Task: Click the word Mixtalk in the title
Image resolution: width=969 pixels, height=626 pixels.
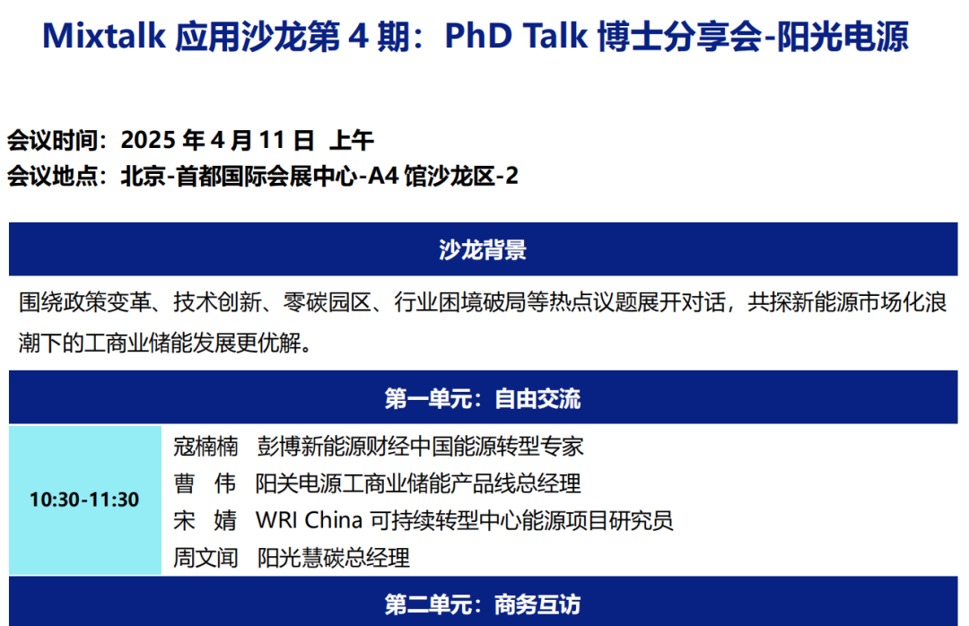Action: point(104,36)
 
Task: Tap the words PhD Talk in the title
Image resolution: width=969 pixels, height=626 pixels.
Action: point(515,36)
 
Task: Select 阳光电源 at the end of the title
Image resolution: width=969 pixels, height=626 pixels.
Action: point(842,37)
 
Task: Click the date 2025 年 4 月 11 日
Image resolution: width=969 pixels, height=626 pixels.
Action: point(217,140)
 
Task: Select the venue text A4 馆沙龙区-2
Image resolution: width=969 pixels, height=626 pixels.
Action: point(443,177)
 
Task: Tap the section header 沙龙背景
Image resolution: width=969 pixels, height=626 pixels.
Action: point(483,249)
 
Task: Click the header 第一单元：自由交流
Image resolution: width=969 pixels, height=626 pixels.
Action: point(483,398)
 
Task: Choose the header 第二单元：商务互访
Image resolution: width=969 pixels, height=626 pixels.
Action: point(483,604)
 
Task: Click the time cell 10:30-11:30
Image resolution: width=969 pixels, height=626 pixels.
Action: point(84,500)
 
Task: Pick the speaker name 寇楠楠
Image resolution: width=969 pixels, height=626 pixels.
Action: point(205,446)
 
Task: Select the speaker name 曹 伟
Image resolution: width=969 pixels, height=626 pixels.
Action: point(205,483)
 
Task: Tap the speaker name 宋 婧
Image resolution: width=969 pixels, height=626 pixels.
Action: point(205,520)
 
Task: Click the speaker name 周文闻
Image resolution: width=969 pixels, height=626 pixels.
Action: point(205,558)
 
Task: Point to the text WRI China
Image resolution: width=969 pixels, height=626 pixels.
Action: point(309,520)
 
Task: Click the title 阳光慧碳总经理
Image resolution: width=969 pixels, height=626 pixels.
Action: point(333,558)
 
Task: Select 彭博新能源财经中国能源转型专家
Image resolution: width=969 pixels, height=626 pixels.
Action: point(420,446)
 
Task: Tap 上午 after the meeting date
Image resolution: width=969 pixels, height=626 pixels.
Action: point(351,140)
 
